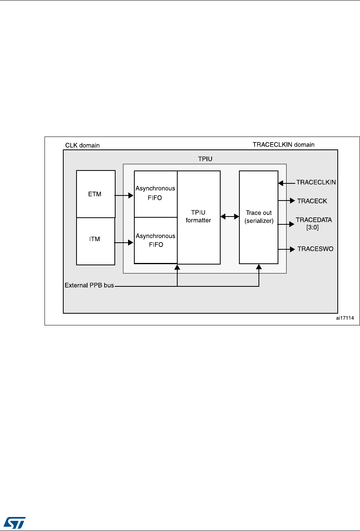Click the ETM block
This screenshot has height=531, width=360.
tap(96, 194)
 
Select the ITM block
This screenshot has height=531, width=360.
tap(95, 241)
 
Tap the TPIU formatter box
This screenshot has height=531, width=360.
tap(198, 217)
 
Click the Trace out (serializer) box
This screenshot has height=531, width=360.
tap(258, 217)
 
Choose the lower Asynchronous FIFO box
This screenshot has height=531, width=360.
tap(155, 240)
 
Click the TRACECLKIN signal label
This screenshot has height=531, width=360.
tap(316, 182)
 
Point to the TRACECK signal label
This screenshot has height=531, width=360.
tap(312, 201)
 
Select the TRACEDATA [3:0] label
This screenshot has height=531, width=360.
tap(314, 224)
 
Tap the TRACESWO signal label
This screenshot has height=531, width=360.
tap(315, 249)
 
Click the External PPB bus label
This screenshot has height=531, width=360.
tap(89, 285)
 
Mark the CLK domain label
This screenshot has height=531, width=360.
tap(82, 146)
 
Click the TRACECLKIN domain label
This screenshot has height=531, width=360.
tap(283, 144)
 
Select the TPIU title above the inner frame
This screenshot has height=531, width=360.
tap(205, 160)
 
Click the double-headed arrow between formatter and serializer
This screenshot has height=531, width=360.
tap(230, 216)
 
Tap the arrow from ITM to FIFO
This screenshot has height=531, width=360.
tap(124, 243)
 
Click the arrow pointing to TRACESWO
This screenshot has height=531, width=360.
tap(287, 249)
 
